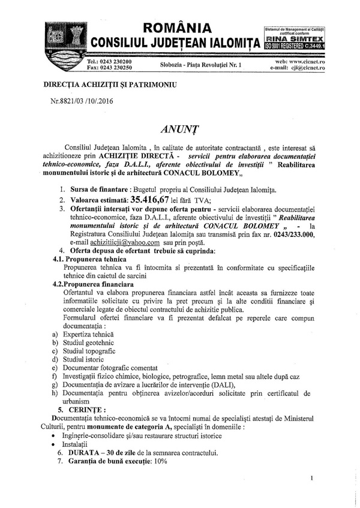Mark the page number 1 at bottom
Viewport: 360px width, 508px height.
coord(313,478)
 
